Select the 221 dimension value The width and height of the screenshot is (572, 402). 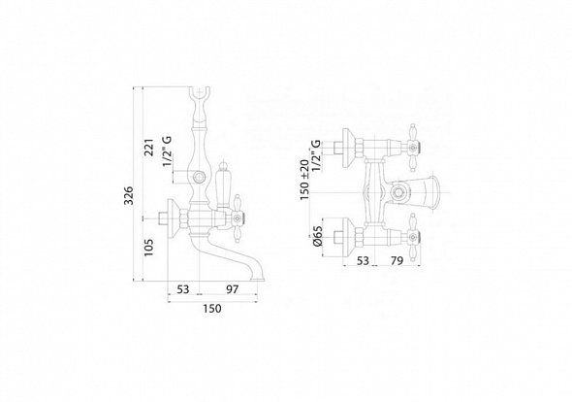tap(149, 147)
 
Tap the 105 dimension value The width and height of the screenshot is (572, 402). tap(149, 248)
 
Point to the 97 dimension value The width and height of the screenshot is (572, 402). tap(232, 289)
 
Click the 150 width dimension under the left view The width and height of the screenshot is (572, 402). tap(212, 309)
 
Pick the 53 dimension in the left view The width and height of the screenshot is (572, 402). tap(183, 289)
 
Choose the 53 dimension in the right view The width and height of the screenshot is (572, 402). tap(363, 261)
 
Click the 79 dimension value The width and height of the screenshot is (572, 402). tap(397, 261)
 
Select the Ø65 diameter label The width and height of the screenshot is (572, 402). tap(317, 236)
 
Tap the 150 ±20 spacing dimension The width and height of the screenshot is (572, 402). tap(304, 180)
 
